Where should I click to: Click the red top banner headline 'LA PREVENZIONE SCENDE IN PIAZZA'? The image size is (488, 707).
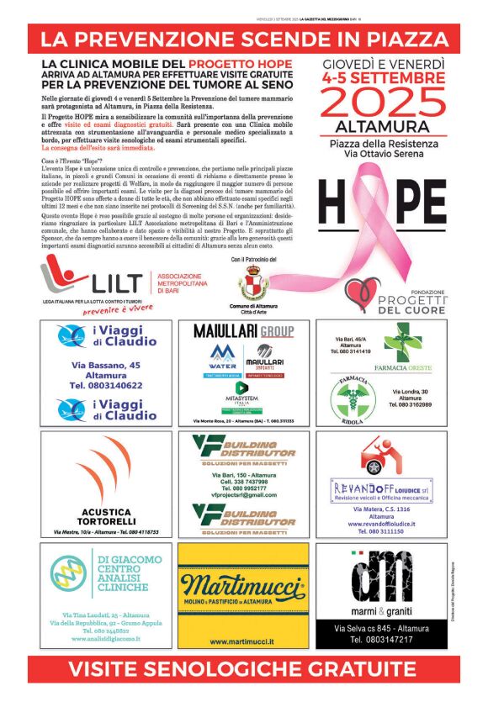click(244, 39)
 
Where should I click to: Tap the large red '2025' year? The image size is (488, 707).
click(383, 103)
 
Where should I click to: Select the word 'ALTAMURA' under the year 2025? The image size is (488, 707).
click(383, 128)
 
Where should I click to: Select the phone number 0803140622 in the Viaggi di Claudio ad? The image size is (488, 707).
click(105, 385)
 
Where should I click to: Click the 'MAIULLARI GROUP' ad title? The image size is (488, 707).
click(243, 330)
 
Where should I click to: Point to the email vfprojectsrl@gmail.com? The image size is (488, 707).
click(244, 496)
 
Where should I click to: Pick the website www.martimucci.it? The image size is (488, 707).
click(243, 641)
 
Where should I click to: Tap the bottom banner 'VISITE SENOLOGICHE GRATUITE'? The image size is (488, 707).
click(244, 669)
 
